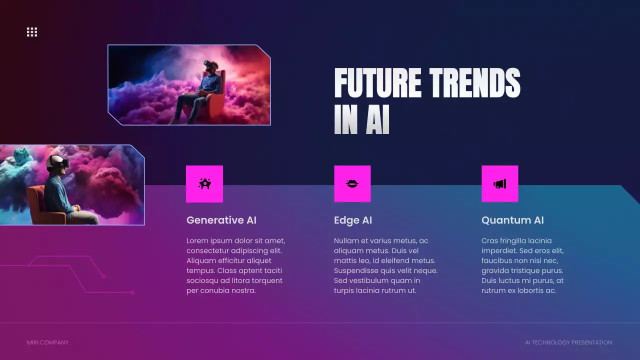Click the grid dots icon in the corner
[32, 32]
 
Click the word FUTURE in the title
[377, 83]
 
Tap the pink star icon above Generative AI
[204, 184]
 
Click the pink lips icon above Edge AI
[352, 184]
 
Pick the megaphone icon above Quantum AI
[500, 184]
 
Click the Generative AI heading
[221, 220]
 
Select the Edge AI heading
[353, 220]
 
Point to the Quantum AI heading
[512, 220]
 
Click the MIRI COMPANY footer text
[47, 342]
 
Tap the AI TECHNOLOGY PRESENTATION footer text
[568, 342]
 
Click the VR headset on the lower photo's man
[58, 161]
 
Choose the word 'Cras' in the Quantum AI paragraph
[490, 241]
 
